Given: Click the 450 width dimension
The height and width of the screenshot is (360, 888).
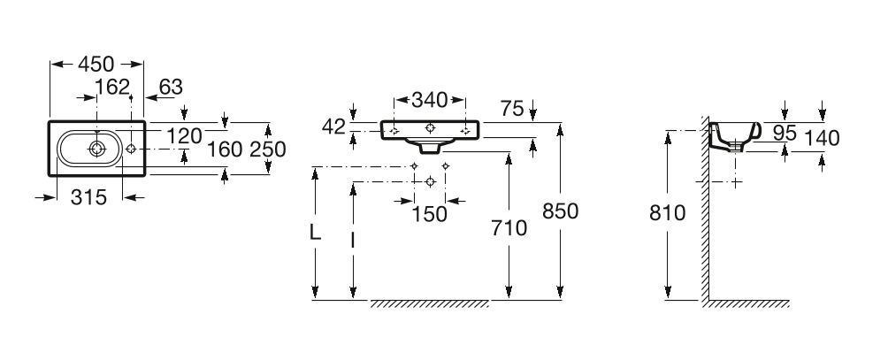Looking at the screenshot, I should (96, 64).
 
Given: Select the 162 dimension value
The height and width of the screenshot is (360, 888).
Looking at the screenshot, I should (112, 87).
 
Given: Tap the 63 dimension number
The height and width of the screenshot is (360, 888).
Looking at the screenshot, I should (171, 87).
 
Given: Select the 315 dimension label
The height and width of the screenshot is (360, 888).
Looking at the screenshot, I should (88, 198).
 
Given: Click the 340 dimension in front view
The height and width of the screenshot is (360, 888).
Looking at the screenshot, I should (430, 99).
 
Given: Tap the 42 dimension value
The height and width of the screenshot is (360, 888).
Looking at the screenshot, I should (333, 126).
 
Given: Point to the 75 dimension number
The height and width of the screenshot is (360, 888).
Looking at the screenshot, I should (510, 108).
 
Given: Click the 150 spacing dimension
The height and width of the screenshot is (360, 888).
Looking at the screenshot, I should (429, 215).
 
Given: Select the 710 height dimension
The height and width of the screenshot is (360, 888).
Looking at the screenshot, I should (509, 229).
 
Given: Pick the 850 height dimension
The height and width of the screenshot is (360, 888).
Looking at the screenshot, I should (560, 211).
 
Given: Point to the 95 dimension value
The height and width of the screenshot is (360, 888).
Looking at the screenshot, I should (785, 133).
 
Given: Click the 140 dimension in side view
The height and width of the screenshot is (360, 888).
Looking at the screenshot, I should (822, 137).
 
